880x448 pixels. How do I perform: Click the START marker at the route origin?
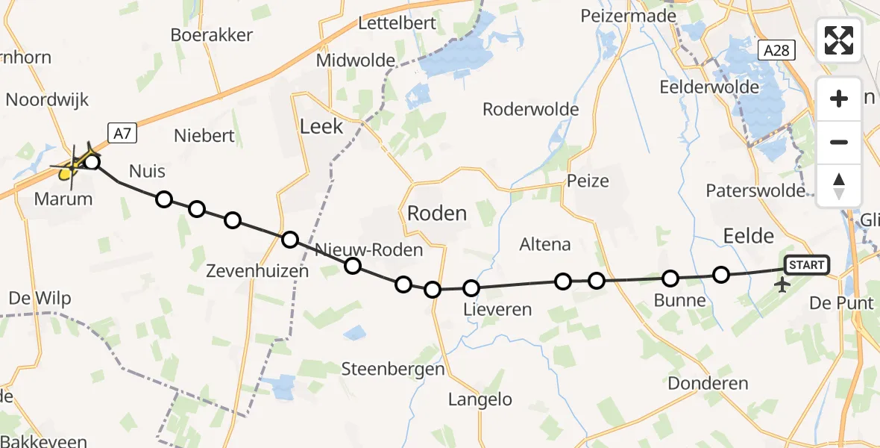pos(806,265)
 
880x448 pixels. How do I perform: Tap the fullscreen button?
pos(839,40)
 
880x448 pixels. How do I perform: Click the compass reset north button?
pos(839,185)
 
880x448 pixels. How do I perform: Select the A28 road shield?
pos(776,51)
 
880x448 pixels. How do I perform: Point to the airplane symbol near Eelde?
pos(783,285)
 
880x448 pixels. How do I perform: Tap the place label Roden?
pos(437,214)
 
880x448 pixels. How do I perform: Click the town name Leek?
pos(321,126)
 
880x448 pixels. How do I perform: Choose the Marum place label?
pos(63,199)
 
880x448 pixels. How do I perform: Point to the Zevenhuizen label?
pos(257,271)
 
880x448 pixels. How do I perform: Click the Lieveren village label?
pos(497,309)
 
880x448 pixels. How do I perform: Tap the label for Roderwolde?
pos(530,110)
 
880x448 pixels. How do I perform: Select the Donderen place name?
pos(708,384)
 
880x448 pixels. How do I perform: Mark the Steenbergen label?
pos(393,369)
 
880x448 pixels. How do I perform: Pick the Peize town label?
pos(588,181)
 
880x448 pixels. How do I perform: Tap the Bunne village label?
pos(679,301)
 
